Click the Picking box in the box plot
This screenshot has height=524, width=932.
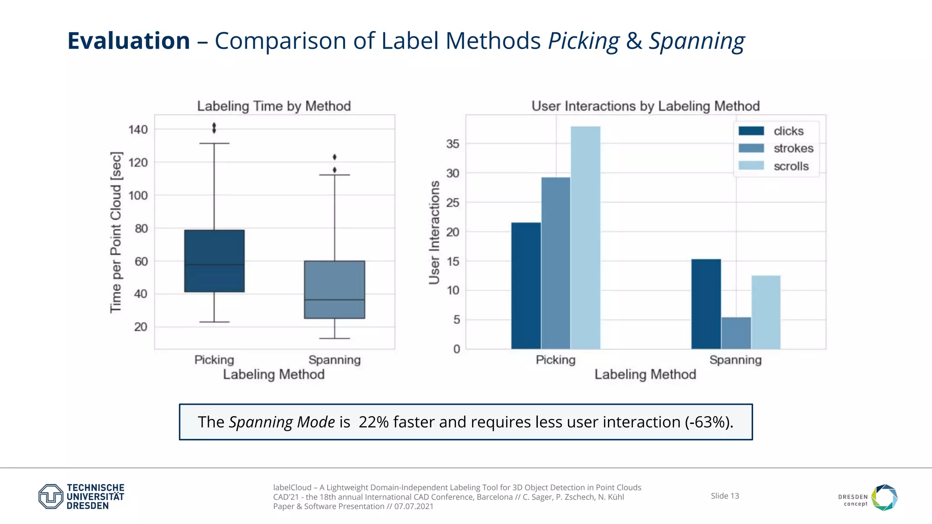[214, 261]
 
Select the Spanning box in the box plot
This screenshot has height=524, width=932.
[334, 289]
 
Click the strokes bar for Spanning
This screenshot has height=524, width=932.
[736, 333]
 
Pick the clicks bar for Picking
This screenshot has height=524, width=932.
[526, 286]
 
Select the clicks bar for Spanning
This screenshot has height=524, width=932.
[706, 304]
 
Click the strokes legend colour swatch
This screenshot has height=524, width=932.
[751, 148]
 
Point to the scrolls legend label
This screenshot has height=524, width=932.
[791, 166]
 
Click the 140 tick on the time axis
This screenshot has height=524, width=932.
[138, 130]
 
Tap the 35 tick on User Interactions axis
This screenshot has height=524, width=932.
[453, 144]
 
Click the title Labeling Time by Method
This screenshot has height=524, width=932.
[274, 106]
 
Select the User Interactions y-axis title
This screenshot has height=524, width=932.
[435, 232]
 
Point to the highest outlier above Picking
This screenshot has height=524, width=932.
[214, 125]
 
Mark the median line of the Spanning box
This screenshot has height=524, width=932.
[334, 300]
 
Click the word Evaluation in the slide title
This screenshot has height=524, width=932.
[129, 41]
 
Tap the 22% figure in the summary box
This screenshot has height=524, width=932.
[373, 422]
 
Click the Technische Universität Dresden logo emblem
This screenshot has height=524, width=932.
[51, 496]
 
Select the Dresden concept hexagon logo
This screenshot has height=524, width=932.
[884, 497]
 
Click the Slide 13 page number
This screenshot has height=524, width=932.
[724, 496]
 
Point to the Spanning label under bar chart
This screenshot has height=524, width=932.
[735, 360]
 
